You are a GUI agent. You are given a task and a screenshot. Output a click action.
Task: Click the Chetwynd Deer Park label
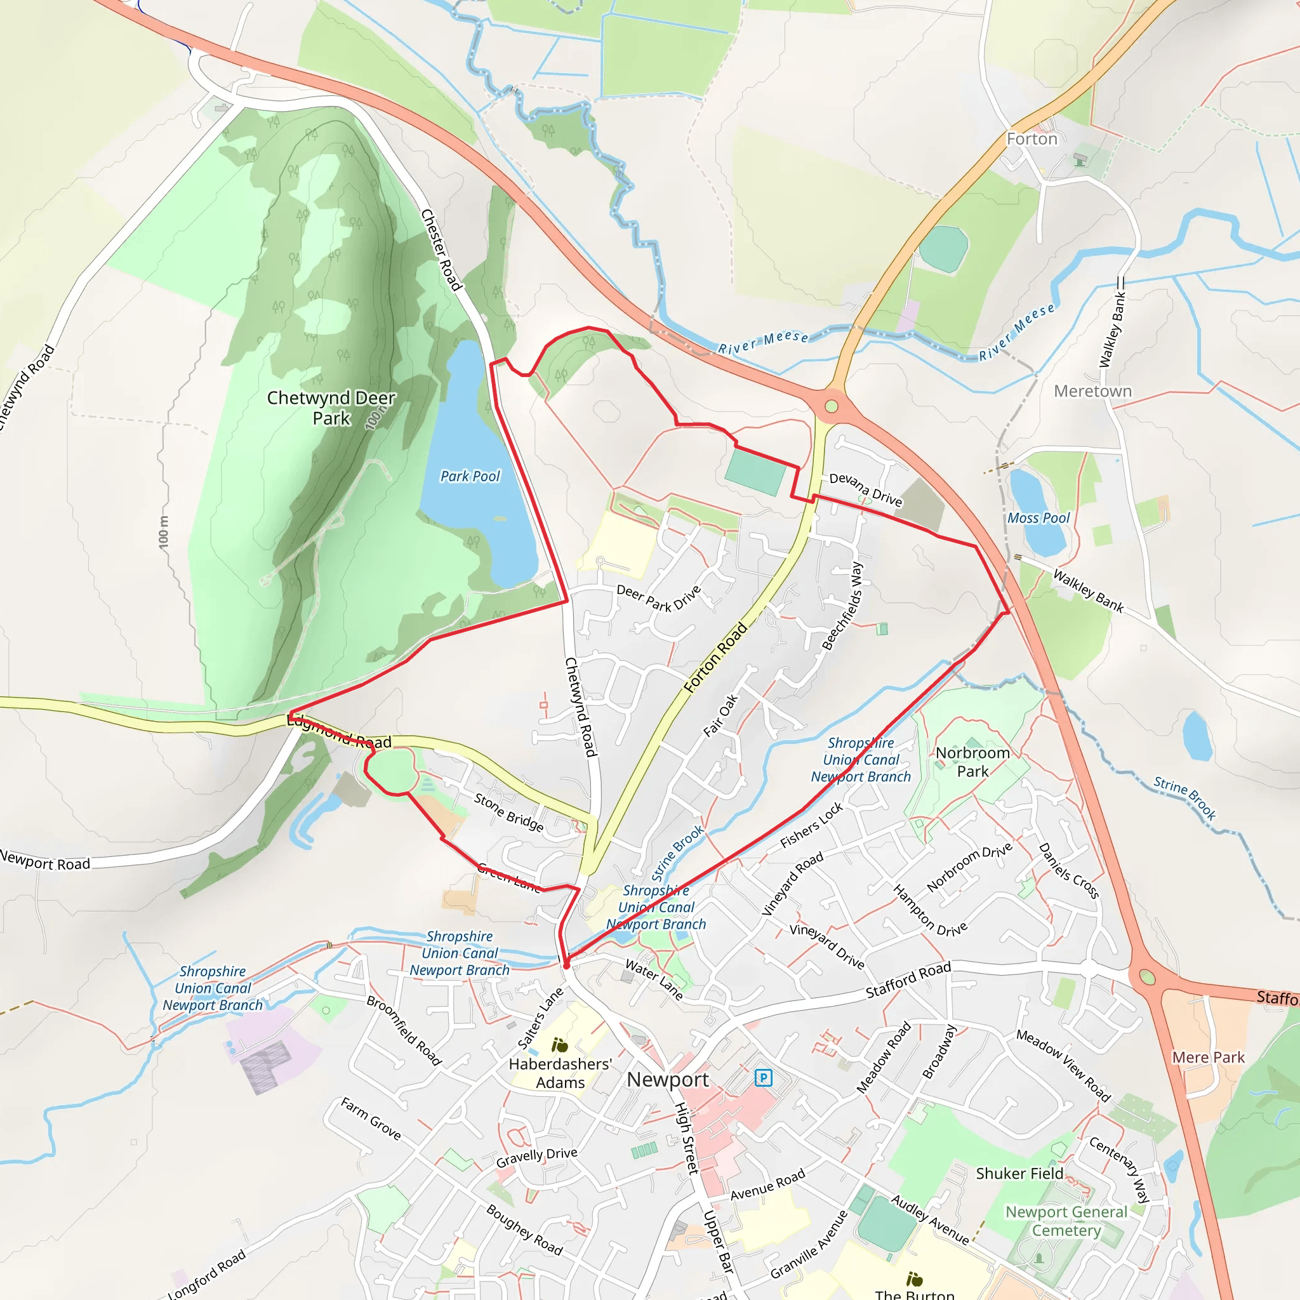[x=331, y=408]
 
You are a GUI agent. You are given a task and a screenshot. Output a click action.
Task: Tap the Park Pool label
[x=470, y=477]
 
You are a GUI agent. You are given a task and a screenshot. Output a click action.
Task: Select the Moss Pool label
[x=1038, y=518]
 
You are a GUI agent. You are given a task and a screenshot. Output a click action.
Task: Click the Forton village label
[x=1031, y=139]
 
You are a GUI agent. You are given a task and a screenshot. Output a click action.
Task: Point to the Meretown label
[x=1093, y=391]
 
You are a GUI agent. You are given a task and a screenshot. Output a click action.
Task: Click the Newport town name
[x=668, y=1080]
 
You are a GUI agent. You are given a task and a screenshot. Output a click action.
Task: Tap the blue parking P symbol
[x=763, y=1078]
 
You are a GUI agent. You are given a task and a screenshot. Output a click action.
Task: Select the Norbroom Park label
[x=972, y=762]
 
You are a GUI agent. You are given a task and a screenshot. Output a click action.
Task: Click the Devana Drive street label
[x=865, y=489]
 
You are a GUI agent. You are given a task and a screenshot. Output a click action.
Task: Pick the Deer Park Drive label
[x=659, y=598]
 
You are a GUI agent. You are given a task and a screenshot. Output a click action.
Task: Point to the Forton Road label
[x=715, y=658]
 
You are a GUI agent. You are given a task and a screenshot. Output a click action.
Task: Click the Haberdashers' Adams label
[x=560, y=1073]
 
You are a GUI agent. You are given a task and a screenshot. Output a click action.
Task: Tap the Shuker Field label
[x=1019, y=1174]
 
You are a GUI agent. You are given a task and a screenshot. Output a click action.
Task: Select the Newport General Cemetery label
[x=1066, y=1221]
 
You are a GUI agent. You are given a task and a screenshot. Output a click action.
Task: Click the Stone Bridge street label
[x=508, y=811]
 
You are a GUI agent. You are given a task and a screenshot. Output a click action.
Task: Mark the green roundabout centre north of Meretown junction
[x=832, y=406]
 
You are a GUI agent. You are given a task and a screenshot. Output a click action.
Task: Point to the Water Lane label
[x=654, y=979]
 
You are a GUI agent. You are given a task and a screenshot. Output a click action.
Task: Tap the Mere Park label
[x=1209, y=1058]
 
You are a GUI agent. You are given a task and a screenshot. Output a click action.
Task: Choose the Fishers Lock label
[x=811, y=826]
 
